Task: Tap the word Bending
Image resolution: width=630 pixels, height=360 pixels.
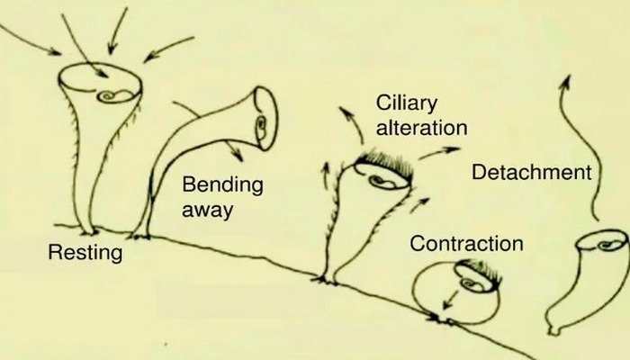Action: (x=222, y=186)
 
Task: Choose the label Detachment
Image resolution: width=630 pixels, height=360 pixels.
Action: (x=532, y=171)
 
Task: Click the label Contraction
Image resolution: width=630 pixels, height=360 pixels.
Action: (x=465, y=243)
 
